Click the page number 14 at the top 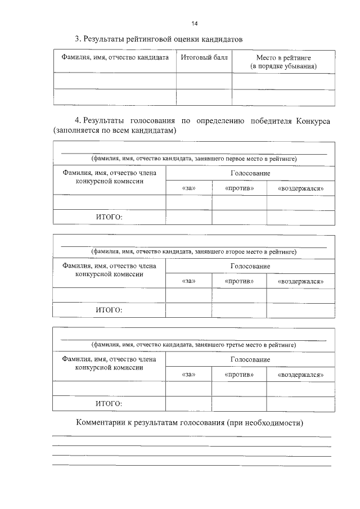[194, 24]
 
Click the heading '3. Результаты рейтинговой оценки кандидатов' [159, 39]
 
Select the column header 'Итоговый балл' [200, 58]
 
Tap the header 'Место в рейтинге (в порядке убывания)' [283, 62]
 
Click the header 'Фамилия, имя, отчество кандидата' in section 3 [115, 58]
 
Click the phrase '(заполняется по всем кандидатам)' [115, 130]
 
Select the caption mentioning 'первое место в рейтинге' [194, 159]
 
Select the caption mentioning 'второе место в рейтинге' [194, 251]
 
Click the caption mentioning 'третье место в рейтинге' [194, 344]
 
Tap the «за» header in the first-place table [189, 188]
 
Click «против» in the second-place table [239, 281]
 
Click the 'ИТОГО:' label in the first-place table [109, 217]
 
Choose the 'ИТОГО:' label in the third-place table [109, 403]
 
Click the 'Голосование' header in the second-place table [250, 266]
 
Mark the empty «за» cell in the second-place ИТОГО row [189, 310]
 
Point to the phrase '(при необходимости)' [265, 423]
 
